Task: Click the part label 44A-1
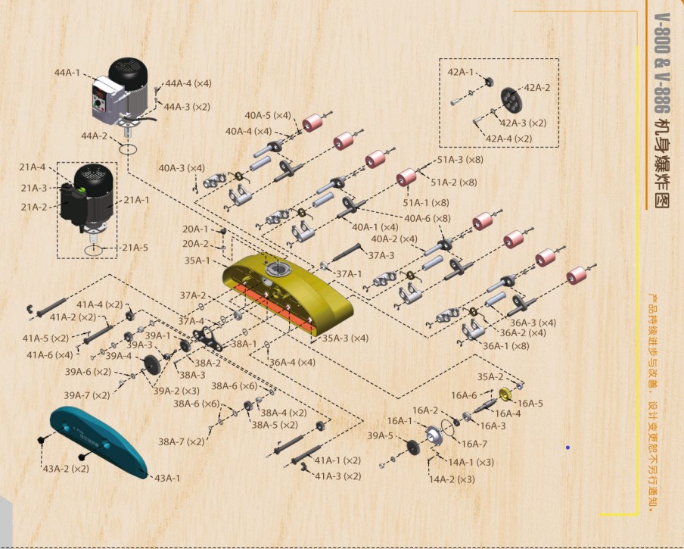(x=67, y=73)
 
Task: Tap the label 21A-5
(x=135, y=248)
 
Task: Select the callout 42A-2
(x=537, y=88)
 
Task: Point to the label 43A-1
(x=167, y=478)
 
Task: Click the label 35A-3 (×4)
(x=345, y=338)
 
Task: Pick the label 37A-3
(x=381, y=255)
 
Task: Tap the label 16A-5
(x=530, y=403)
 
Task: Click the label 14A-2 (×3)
(x=452, y=479)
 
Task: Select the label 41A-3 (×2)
(x=337, y=476)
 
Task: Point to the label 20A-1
(x=194, y=229)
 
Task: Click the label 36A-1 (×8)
(x=506, y=346)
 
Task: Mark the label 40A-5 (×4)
(x=267, y=115)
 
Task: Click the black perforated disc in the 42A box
(x=512, y=99)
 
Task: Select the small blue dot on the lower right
(x=567, y=448)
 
